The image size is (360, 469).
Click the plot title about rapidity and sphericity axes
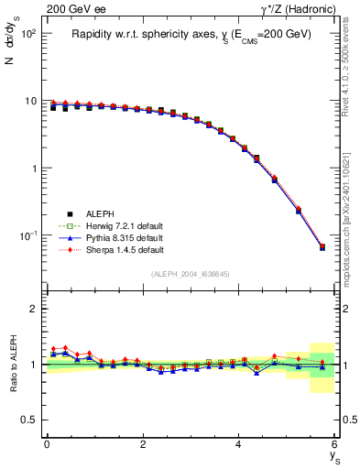point(191,34)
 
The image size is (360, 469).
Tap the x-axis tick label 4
point(238,444)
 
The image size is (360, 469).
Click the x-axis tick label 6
point(334,444)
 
